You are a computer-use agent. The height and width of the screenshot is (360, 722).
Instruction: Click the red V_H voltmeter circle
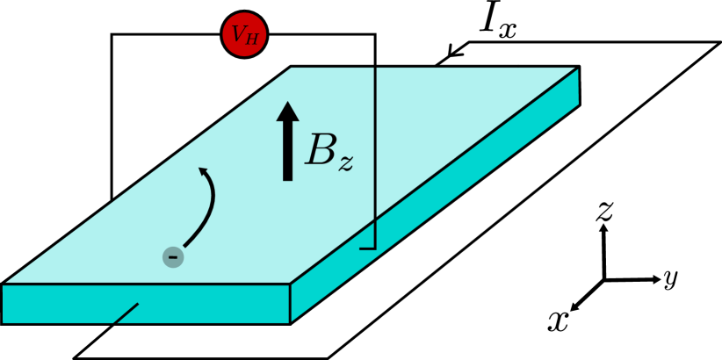(x=244, y=34)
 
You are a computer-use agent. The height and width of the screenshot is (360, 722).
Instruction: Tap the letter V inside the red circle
(x=238, y=34)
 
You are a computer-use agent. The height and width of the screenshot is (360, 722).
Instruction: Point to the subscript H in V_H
(x=252, y=39)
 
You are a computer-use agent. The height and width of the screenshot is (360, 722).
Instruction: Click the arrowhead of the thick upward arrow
(x=287, y=112)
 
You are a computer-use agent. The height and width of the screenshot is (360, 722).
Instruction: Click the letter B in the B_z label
(x=321, y=150)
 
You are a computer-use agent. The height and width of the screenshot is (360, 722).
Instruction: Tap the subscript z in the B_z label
(x=346, y=162)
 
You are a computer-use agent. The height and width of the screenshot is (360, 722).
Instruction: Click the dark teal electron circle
(x=173, y=257)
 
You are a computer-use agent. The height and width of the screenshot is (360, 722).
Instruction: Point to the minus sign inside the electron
(x=173, y=257)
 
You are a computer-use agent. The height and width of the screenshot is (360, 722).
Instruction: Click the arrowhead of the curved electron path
(x=204, y=171)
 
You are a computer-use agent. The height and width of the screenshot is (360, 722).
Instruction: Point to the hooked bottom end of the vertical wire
(x=368, y=248)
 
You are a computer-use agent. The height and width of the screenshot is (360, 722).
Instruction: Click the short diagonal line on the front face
(x=126, y=313)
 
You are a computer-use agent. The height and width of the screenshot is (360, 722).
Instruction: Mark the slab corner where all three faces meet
(x=290, y=284)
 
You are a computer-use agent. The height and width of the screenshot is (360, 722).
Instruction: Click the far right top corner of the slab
(x=577, y=68)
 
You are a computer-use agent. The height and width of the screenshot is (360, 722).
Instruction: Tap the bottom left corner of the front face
(x=4, y=322)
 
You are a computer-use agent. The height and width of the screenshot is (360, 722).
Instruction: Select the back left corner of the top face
(x=292, y=68)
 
